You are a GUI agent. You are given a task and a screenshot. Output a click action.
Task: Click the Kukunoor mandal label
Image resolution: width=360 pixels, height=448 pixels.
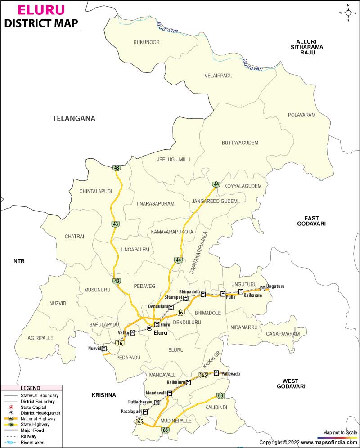click(x=147, y=42)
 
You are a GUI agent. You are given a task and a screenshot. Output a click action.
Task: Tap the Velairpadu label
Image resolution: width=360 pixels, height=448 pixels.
click(x=218, y=76)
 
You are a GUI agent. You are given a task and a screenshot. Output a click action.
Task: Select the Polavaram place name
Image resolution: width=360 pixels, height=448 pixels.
click(x=301, y=115)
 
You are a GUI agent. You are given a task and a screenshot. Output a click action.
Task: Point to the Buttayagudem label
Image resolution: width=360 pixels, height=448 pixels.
click(x=240, y=143)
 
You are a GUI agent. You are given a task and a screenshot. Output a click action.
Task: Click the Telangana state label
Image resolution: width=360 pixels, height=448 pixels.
click(x=74, y=119)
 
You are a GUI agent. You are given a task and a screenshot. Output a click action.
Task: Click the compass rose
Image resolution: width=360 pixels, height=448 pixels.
click(x=348, y=13)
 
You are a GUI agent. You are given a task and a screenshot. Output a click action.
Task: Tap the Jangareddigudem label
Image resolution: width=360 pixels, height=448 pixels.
click(x=214, y=201)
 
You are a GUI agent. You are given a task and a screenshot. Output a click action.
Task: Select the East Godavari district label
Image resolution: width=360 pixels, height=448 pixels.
click(x=311, y=220)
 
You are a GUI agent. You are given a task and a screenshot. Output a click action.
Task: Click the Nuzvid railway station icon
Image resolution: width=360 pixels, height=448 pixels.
click(x=104, y=348)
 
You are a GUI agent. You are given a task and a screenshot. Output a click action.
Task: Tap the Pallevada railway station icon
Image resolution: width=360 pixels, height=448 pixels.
click(x=216, y=373)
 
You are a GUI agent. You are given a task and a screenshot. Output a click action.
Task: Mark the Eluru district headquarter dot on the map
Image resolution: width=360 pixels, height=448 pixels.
click(x=149, y=329)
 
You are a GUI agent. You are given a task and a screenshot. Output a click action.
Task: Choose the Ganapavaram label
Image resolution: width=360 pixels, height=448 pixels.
click(x=283, y=334)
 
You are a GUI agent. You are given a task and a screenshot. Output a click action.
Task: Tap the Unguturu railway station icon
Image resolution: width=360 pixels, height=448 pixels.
click(x=263, y=288)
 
